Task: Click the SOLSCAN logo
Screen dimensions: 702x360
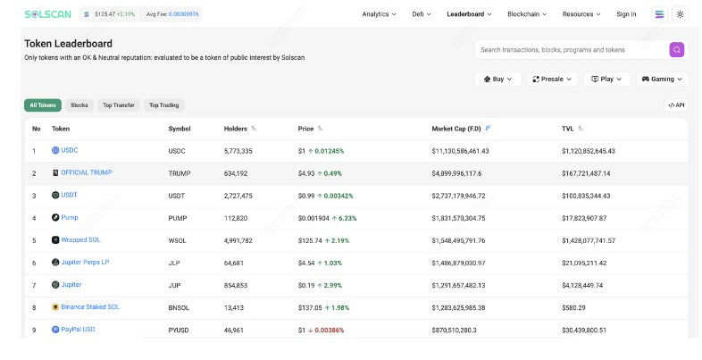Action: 47,14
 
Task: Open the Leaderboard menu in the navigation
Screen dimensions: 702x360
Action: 469,14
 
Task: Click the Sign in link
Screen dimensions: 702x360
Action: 626,14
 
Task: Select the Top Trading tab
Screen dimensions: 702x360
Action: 163,105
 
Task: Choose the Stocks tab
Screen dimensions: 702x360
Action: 79,105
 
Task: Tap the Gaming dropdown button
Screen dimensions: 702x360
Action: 662,80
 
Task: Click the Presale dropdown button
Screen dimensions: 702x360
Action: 552,80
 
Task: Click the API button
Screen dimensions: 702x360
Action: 676,105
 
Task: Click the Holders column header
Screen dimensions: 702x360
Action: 236,129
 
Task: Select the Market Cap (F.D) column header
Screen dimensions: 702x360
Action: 456,129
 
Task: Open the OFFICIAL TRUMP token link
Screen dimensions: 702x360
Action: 87,172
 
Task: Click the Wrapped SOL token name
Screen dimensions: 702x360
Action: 80,239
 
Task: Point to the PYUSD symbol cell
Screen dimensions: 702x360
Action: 179,331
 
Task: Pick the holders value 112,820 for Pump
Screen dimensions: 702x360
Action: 236,219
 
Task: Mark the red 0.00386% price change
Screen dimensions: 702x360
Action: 329,331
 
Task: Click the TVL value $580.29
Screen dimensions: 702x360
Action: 573,308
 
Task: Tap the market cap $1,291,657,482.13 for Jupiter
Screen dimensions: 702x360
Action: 458,286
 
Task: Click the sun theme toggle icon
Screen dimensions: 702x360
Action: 680,14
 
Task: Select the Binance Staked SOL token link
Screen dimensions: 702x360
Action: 90,306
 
